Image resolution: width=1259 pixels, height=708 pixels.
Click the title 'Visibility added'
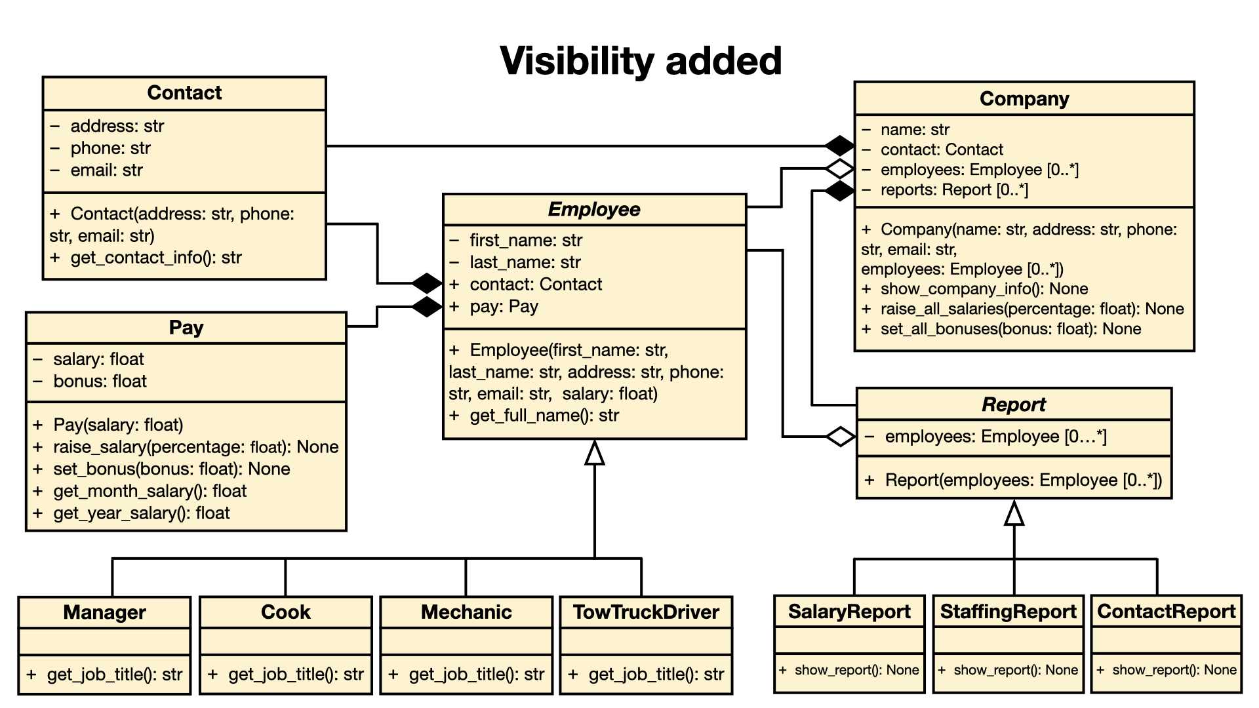pos(641,61)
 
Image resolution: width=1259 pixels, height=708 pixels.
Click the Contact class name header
pos(184,93)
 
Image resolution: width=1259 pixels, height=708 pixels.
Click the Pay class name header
pos(186,328)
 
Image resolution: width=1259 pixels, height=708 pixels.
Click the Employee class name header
pos(594,210)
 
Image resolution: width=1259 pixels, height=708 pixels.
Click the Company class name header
pos(1024,99)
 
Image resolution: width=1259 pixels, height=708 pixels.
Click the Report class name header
pos(1014,404)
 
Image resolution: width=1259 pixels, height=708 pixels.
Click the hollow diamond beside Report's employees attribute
pos(841,437)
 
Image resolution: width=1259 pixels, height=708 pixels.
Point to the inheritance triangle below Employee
pos(595,452)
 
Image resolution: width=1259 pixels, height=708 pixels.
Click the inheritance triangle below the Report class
pos(1014,513)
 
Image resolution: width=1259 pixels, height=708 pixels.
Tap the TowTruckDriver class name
pos(647,612)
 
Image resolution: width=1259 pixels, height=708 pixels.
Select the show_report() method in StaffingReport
pos(1008,670)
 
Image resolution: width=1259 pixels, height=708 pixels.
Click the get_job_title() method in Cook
pos(286,675)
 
